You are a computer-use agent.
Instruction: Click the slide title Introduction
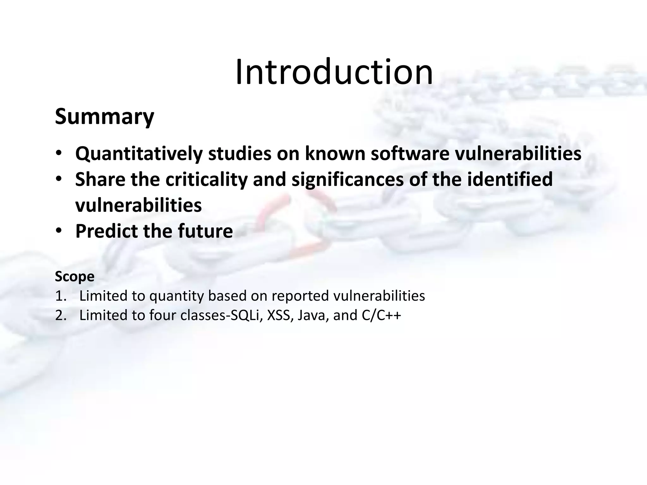coord(334,72)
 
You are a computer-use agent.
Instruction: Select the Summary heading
coord(105,117)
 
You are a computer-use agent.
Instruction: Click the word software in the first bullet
coord(410,154)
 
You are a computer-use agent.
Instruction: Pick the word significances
coord(347,179)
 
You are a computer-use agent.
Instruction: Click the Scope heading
coord(75,277)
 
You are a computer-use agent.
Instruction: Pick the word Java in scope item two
coord(311,315)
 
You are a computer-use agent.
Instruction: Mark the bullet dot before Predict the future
coord(59,231)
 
